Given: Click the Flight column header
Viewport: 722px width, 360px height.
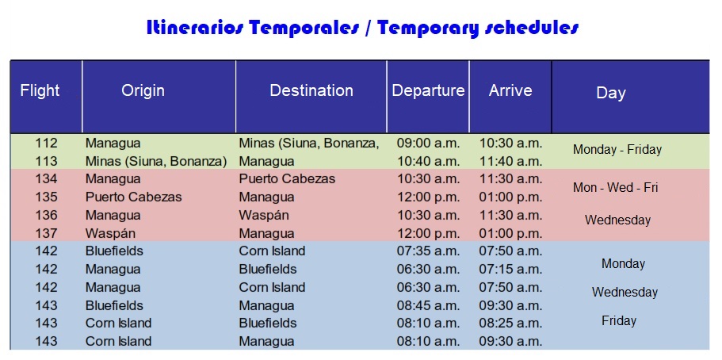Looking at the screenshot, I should tap(40, 90).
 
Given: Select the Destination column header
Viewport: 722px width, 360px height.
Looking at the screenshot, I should tap(311, 90).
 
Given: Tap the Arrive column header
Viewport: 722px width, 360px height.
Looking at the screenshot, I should tap(510, 90).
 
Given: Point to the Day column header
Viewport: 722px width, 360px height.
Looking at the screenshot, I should tap(611, 93).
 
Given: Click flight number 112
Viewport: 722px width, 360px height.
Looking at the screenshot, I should tap(47, 144).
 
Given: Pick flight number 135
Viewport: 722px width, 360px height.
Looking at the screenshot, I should tap(47, 197).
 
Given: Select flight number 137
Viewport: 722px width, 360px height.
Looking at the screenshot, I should tap(47, 233).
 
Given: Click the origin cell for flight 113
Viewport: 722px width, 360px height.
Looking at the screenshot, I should tap(156, 162).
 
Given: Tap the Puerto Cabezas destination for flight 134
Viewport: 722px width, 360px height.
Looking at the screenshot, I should tap(287, 179).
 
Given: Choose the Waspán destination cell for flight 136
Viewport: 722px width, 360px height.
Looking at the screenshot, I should tap(264, 215).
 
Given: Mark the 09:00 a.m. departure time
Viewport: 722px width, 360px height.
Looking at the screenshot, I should tap(428, 144).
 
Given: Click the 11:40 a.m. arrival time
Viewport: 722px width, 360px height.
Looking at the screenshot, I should tap(510, 162).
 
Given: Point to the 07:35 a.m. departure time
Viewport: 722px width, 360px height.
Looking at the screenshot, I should tap(428, 251).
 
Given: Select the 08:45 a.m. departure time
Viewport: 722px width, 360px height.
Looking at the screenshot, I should tap(428, 305).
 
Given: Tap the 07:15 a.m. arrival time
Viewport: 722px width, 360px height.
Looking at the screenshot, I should tap(510, 270).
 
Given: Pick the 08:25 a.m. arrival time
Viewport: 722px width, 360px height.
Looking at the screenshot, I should tap(510, 324).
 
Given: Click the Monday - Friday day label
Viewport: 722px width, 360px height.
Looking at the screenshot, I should tap(617, 149).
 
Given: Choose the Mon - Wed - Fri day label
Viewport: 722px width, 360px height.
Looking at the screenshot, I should tap(616, 188).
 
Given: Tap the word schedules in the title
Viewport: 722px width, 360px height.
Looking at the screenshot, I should tap(529, 28).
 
